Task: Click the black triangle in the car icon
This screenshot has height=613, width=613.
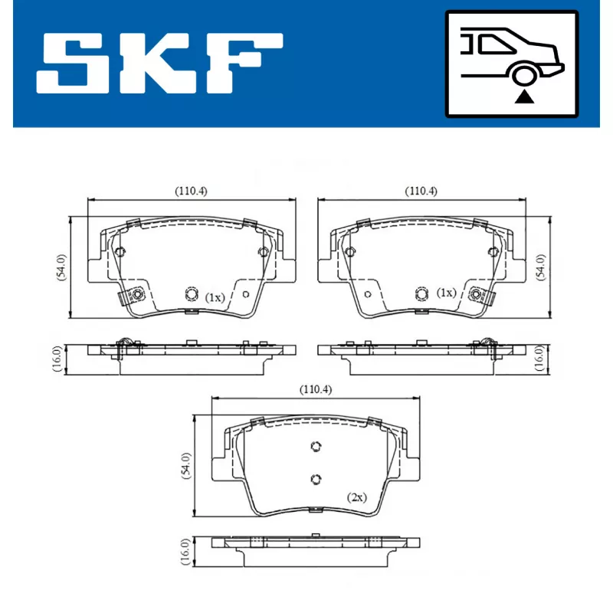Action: coord(524,96)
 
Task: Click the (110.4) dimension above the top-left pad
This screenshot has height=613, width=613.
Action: coord(191,192)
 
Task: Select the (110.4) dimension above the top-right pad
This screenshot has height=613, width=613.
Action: coord(421,192)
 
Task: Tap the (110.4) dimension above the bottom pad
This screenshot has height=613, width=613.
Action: coord(315,390)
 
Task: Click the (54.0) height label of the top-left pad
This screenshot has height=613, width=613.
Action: coord(61,266)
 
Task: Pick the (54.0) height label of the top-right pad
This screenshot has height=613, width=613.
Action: coord(541,266)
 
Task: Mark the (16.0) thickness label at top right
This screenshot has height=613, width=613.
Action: coord(539,358)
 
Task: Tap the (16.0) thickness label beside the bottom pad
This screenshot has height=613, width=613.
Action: coord(184,551)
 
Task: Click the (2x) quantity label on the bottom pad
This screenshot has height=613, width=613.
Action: coord(356,497)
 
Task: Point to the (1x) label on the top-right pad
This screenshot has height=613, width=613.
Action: coord(446,293)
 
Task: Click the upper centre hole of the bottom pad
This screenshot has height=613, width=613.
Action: coord(315,447)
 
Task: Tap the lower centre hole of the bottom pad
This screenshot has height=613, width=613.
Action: coord(315,479)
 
